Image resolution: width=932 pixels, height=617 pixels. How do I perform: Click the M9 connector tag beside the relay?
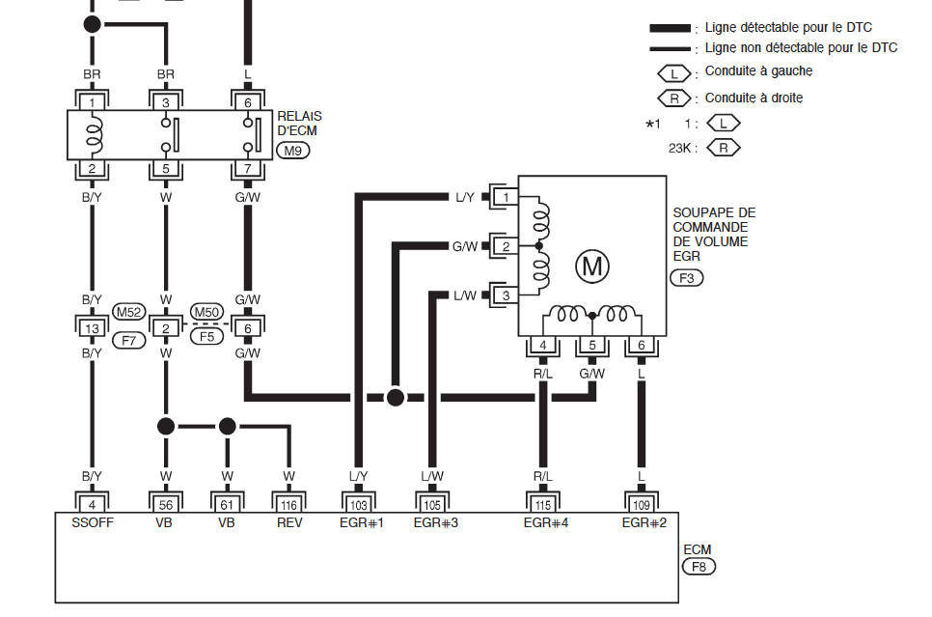[292, 151]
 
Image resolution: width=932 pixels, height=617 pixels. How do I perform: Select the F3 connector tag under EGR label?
[687, 278]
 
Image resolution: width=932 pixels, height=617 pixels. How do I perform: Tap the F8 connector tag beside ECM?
[699, 567]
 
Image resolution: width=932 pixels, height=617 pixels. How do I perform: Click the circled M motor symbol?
[592, 266]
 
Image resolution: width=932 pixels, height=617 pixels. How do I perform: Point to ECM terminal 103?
[358, 505]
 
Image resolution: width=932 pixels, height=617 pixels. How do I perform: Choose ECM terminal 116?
[288, 505]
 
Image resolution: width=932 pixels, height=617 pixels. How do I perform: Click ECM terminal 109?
[641, 505]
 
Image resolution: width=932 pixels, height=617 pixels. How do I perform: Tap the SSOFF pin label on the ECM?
[92, 523]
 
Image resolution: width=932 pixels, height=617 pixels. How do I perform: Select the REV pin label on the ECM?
[289, 523]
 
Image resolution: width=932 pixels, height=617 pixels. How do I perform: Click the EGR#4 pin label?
[546, 523]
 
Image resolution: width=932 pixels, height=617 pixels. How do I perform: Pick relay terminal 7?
[248, 168]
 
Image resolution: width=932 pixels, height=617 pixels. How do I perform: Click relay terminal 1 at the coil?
[92, 102]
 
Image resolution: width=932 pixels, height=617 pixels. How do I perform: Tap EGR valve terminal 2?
[506, 246]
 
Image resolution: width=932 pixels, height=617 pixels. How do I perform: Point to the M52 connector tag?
[129, 312]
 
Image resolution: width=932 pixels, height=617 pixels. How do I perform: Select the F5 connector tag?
[206, 337]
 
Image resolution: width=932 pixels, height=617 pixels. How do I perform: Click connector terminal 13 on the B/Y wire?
[92, 328]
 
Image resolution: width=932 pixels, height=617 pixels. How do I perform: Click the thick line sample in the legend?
[670, 28]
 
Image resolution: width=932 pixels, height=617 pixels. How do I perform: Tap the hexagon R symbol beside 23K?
[724, 148]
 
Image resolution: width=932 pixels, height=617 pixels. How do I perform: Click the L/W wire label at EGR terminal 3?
[465, 295]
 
